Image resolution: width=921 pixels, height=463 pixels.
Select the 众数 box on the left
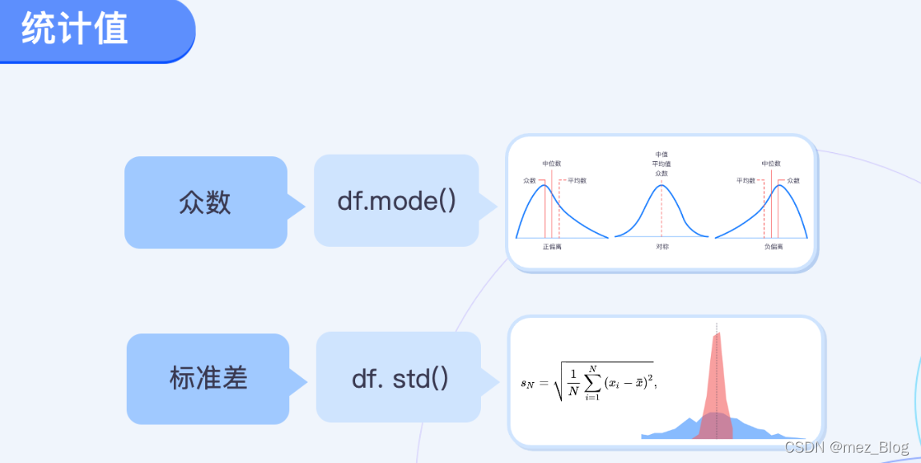pos(205,202)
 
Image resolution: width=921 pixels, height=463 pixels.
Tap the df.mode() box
pos(396,200)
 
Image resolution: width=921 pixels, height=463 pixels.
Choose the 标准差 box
pos(208,378)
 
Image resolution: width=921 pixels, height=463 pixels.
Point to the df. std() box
pos(399,378)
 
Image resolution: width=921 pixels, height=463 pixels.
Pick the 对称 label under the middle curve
pos(661,247)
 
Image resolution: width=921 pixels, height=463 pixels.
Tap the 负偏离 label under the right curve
pos(774,247)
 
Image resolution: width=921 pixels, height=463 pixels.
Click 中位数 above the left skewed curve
pos(552,163)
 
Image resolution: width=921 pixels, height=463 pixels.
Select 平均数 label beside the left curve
pos(576,181)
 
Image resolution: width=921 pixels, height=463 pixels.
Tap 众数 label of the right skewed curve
pos(794,181)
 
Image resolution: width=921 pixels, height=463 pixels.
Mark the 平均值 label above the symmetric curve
pos(661,163)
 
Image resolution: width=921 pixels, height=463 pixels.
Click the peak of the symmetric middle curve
pos(661,186)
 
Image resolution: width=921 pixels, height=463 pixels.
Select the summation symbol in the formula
pos(592,382)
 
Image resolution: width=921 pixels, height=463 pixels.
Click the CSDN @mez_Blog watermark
pos(846,447)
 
